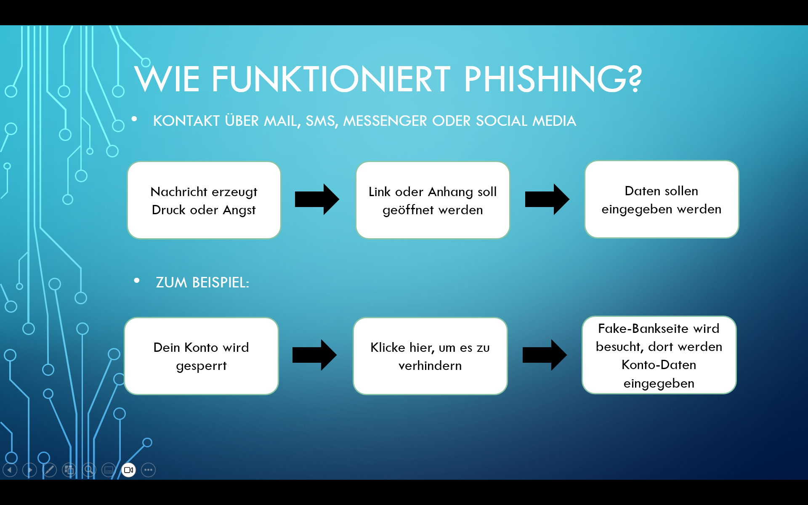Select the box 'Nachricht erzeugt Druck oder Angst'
coord(204,200)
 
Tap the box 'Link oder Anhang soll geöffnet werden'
coord(433,200)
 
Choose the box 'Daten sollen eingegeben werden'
coord(662,199)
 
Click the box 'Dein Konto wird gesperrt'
coord(202,356)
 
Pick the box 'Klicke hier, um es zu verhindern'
coord(430,356)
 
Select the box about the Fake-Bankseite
coord(659,355)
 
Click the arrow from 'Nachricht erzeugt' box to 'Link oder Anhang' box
coord(317,199)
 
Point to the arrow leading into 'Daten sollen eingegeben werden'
coord(547,199)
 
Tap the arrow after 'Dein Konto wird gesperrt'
coord(314,355)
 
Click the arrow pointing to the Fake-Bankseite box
coord(545,355)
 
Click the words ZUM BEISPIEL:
coord(202,282)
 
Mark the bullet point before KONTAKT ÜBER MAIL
coord(134,119)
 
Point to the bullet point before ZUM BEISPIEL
coord(137,280)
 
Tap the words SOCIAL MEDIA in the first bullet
coord(526,121)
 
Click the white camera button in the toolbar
coord(129,470)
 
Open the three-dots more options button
coord(149,470)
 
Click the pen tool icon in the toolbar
coord(49,470)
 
